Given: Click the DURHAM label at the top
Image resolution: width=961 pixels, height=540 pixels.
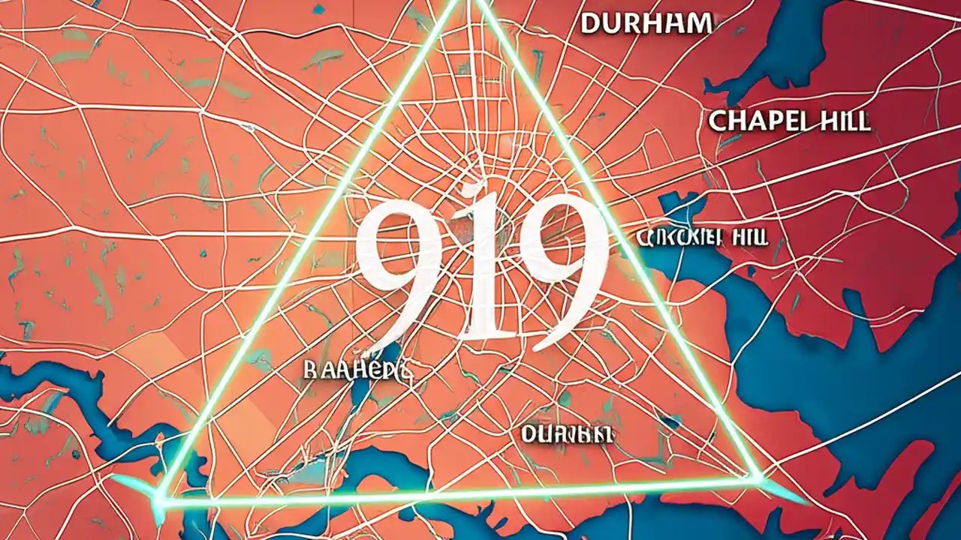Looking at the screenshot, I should pyautogui.click(x=646, y=23).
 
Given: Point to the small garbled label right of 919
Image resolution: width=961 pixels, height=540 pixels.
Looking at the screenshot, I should pyautogui.click(x=701, y=238).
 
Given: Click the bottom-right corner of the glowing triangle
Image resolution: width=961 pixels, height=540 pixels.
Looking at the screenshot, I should pyautogui.click(x=757, y=478).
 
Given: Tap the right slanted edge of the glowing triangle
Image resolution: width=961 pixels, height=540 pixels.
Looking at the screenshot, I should pyautogui.click(x=616, y=240).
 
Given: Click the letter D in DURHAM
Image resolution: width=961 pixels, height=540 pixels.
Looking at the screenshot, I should pyautogui.click(x=592, y=23).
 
